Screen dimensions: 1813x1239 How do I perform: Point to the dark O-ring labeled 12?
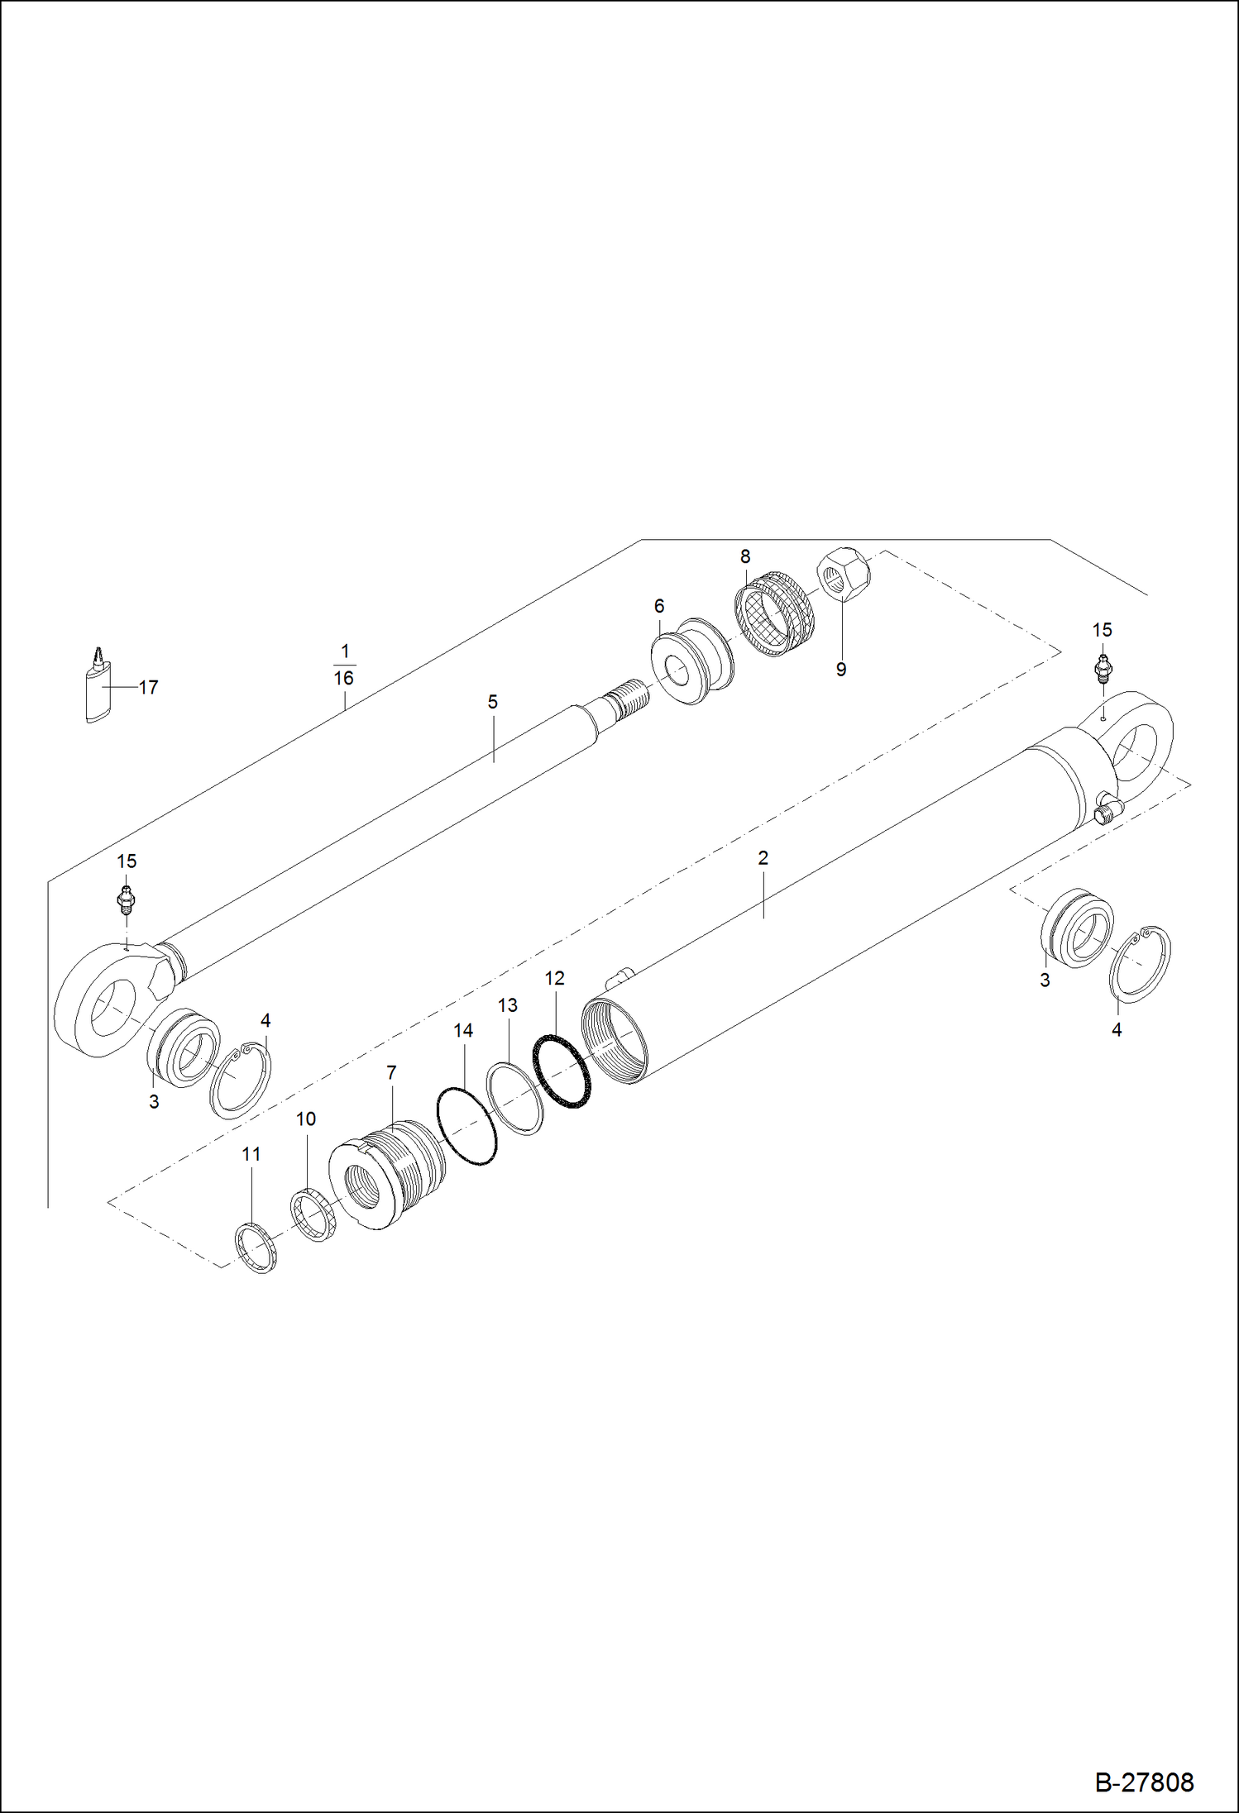(562, 1071)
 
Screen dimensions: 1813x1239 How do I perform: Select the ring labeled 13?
(515, 1099)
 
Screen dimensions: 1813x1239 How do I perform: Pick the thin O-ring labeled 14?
(466, 1127)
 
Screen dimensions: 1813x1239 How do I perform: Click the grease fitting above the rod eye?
(126, 899)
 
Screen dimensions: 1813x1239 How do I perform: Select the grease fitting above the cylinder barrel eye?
(1102, 666)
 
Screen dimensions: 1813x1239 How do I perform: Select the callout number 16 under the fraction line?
(343, 678)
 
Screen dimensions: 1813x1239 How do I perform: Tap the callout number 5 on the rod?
(492, 702)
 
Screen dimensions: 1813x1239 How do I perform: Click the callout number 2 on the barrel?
(763, 858)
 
